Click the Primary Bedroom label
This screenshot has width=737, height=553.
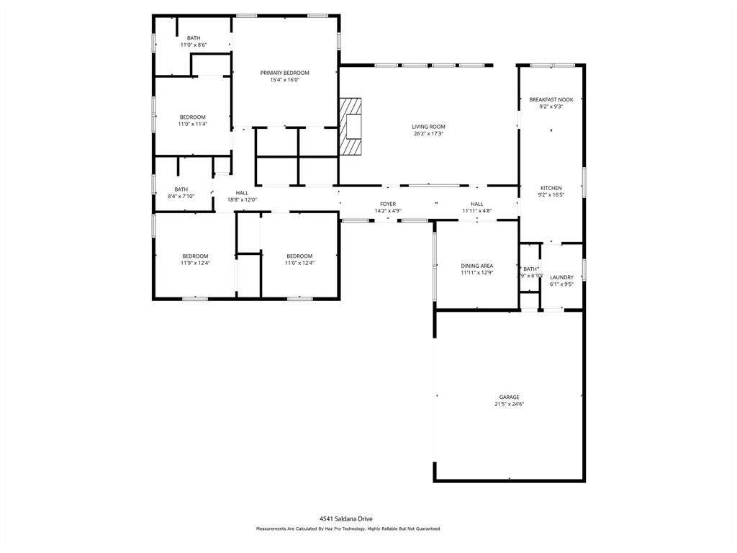pyautogui.click(x=284, y=73)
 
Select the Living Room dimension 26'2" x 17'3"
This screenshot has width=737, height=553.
pyautogui.click(x=428, y=134)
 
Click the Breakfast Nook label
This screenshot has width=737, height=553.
pyautogui.click(x=551, y=99)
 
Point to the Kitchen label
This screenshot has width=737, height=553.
pyautogui.click(x=551, y=188)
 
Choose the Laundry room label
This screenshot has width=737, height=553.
pyautogui.click(x=561, y=277)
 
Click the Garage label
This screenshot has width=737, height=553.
pyautogui.click(x=509, y=397)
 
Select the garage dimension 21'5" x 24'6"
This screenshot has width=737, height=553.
pyautogui.click(x=509, y=405)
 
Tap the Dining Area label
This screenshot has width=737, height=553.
pyautogui.click(x=476, y=266)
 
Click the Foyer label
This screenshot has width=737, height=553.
pyautogui.click(x=388, y=204)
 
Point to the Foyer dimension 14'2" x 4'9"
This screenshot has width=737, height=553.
pyautogui.click(x=388, y=211)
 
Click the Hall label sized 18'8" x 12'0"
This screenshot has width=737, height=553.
pyautogui.click(x=242, y=192)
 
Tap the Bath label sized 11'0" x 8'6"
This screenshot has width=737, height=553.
pyautogui.click(x=194, y=38)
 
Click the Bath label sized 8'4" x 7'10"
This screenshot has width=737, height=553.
pyautogui.click(x=181, y=189)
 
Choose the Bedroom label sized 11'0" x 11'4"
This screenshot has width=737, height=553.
pyautogui.click(x=192, y=117)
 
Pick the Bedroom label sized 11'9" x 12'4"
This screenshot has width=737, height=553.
pyautogui.click(x=195, y=256)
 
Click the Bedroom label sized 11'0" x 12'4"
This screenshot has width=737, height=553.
pyautogui.click(x=299, y=256)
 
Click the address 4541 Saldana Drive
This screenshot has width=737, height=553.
pyautogui.click(x=347, y=518)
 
